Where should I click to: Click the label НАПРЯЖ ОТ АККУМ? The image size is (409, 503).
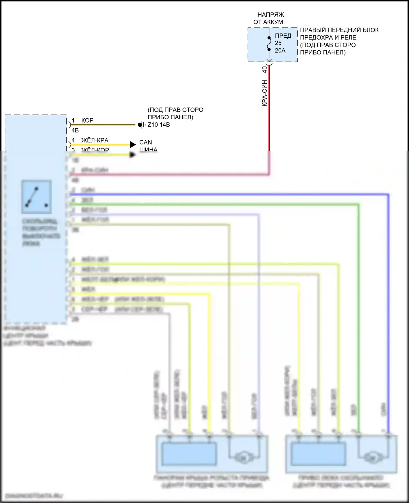pos(269,18)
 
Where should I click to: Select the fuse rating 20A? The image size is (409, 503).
pos(280,50)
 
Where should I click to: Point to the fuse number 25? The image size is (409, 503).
pos(278,43)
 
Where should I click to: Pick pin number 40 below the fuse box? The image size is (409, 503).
pos(264,69)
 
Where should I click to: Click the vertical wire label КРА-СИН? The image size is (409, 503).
pos(264,93)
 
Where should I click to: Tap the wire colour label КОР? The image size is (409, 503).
pos(87,120)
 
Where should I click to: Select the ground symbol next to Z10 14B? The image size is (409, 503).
pos(141,125)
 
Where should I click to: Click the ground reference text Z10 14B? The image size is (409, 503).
pos(159,125)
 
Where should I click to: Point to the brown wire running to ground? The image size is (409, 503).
pos(104,125)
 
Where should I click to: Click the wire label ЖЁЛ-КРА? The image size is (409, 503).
pos(95,140)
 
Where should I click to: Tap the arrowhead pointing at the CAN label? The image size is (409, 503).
pos(133,144)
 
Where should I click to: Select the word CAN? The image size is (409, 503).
pos(146,142)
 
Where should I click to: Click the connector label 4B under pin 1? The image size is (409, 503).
pos(75,131)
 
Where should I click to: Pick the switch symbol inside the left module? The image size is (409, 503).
pos(36,196)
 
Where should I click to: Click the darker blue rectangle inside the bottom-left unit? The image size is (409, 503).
pos(189,454)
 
